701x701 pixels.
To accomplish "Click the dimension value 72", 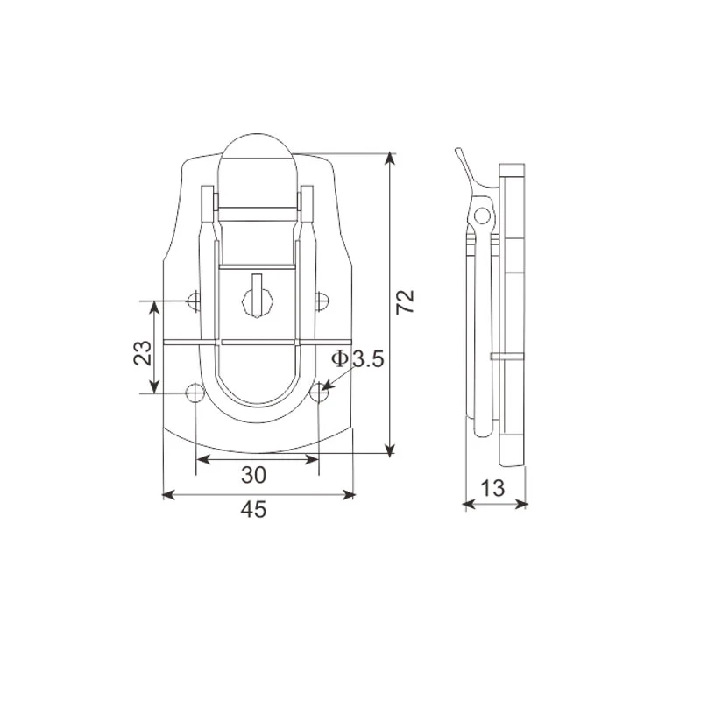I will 404,301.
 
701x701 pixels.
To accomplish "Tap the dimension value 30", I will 253,475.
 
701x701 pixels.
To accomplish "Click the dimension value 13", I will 494,489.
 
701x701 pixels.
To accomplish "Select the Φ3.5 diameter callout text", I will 358,358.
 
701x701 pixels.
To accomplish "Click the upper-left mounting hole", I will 195,302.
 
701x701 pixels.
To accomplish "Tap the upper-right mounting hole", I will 322,301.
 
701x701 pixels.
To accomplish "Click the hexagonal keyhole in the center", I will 257,299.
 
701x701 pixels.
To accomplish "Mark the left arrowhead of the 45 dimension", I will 169,495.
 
